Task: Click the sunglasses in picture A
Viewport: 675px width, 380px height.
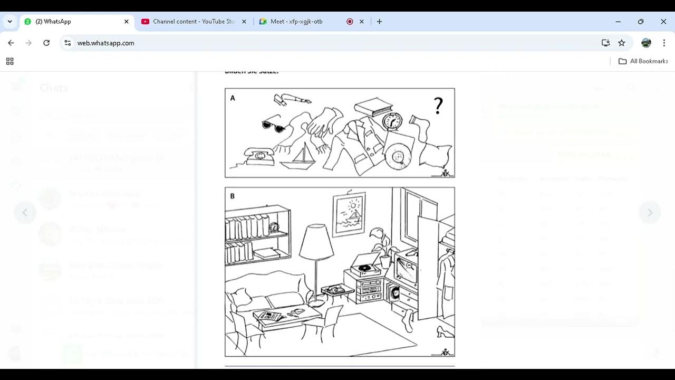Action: tap(274, 126)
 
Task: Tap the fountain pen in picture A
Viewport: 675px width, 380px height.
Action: tap(294, 99)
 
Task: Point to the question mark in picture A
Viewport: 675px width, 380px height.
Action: tap(438, 106)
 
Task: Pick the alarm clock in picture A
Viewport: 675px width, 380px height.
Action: tap(392, 121)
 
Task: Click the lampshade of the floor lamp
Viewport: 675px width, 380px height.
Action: tap(316, 242)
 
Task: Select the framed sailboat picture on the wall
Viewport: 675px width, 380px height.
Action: tap(349, 213)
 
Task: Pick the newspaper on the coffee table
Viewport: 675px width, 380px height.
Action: tap(270, 316)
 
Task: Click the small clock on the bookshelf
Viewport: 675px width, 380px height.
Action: tap(274, 227)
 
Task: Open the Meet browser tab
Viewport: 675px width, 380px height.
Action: tap(296, 22)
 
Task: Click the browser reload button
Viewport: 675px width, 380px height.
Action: tap(46, 43)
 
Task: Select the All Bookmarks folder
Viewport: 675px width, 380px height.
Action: tap(643, 61)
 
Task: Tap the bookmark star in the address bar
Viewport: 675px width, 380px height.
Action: tap(622, 43)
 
